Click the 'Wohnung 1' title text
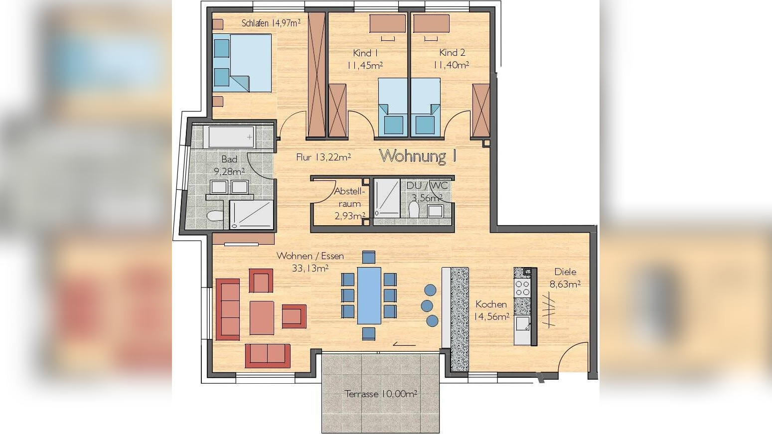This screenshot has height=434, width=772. (x=418, y=156)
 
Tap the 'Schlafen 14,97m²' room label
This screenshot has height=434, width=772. (x=271, y=23)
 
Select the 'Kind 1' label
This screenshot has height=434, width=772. (x=365, y=53)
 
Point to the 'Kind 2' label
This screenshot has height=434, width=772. (x=452, y=53)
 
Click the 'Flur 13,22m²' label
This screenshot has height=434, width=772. (x=323, y=157)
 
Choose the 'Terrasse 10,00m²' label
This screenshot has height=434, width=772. (x=381, y=394)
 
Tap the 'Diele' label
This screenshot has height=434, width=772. (x=565, y=272)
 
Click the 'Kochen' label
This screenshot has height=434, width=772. (x=491, y=304)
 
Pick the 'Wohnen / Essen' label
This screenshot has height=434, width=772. (x=310, y=256)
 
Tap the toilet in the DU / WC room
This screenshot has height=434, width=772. (x=414, y=209)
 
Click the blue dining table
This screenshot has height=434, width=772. (x=369, y=295)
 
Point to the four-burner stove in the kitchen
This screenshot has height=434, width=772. (x=522, y=288)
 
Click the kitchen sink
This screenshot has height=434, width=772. (x=522, y=324)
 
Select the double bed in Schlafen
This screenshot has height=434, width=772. (x=242, y=63)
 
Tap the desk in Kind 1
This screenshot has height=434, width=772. (x=388, y=23)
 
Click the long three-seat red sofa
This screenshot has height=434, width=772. (x=228, y=309)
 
